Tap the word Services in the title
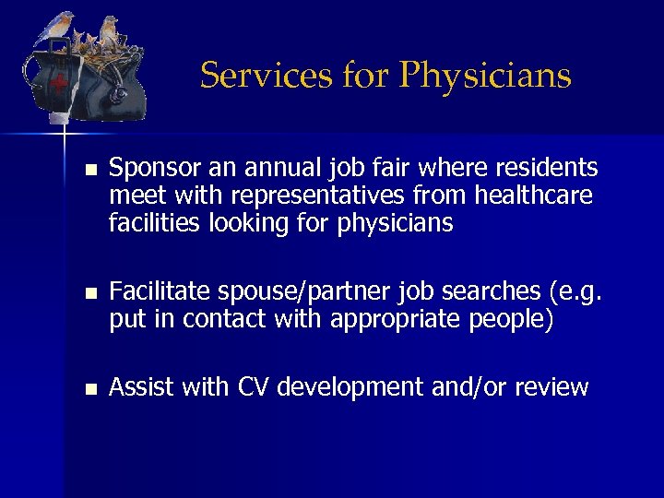pos(261,75)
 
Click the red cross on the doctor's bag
pos(60,86)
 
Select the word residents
pos(546,169)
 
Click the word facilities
pos(151,223)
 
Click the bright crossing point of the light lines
pos(64,135)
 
